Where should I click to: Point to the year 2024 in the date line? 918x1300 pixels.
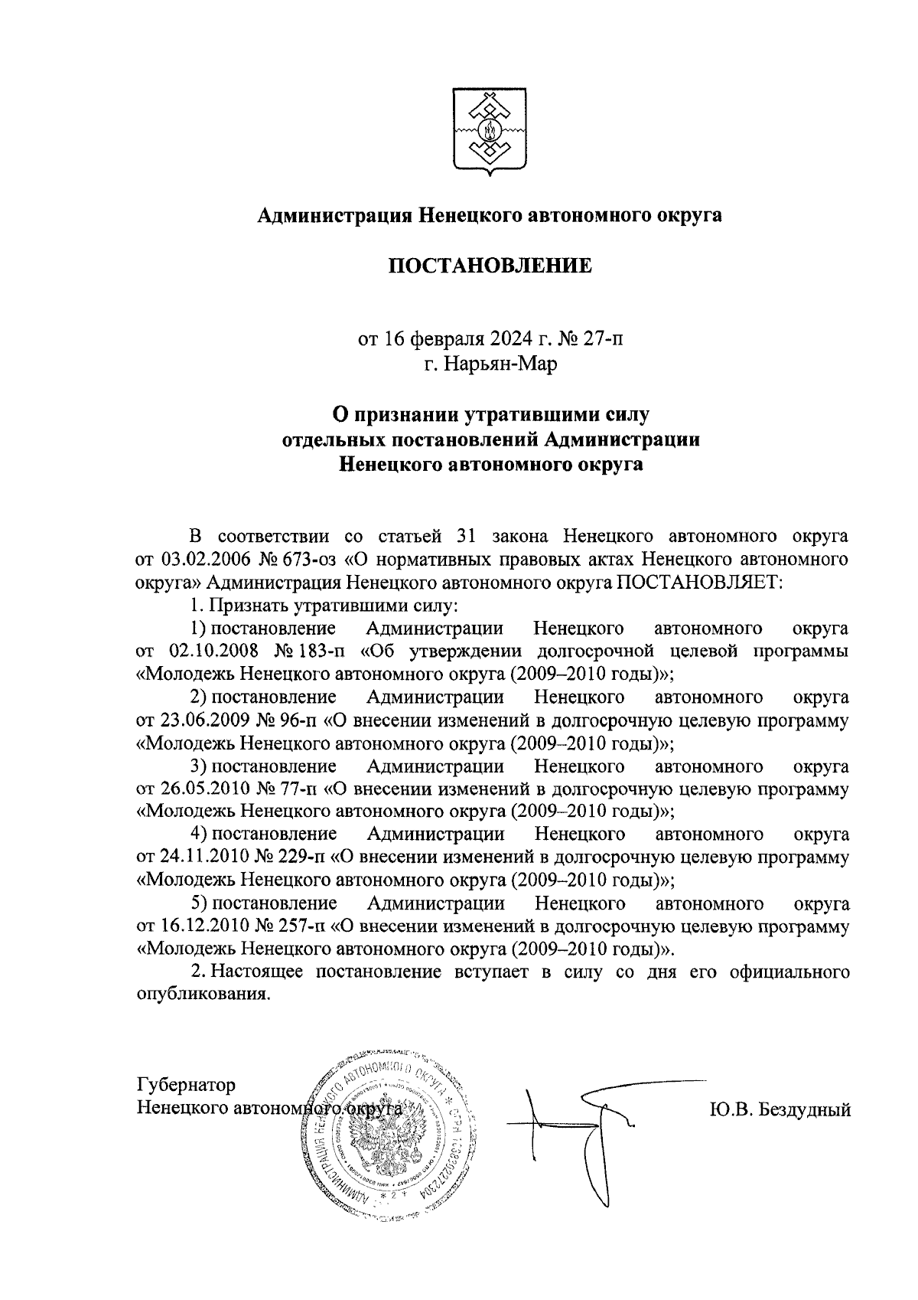click(503, 338)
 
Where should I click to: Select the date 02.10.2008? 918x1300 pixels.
click(204, 652)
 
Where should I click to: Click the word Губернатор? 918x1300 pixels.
click(186, 1085)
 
